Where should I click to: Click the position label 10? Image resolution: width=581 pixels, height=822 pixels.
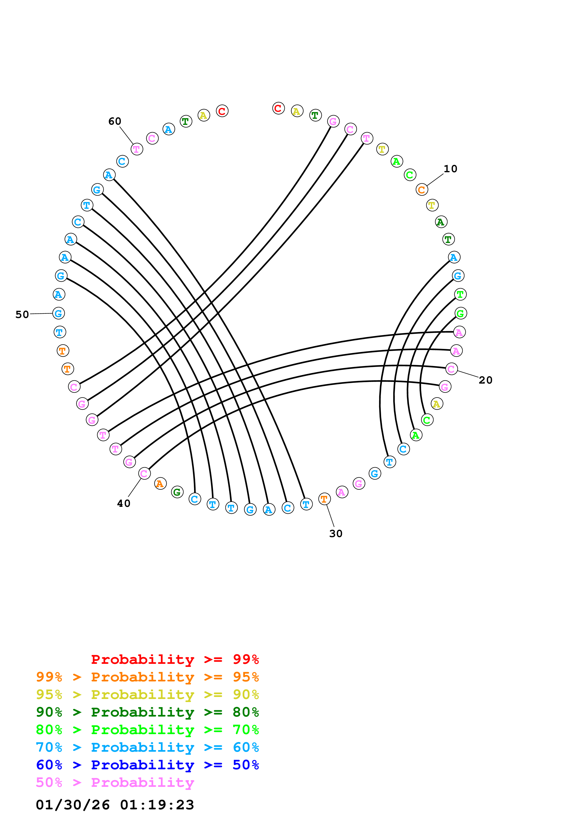(x=450, y=169)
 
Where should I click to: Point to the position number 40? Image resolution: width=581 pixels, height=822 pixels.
(x=124, y=503)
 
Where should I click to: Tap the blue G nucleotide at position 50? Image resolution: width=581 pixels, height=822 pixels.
(x=59, y=313)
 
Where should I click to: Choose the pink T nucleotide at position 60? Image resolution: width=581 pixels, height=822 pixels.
(x=137, y=149)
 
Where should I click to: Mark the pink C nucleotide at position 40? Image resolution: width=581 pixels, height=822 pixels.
(x=144, y=473)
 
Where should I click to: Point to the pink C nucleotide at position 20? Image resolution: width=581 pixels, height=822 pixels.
(x=451, y=369)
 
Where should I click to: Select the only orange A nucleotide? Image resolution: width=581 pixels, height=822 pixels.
(x=160, y=484)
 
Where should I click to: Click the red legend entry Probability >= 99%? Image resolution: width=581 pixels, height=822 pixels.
(x=175, y=659)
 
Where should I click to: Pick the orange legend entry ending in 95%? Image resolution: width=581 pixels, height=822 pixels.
(x=147, y=677)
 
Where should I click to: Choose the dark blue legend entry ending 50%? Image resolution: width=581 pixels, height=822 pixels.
(x=147, y=765)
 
